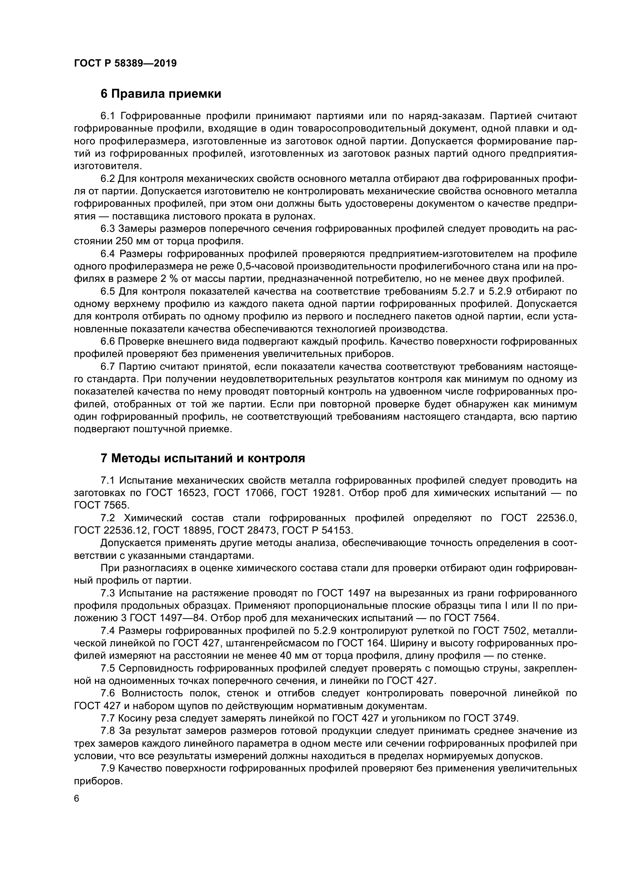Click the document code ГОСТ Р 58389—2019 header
coord(125,63)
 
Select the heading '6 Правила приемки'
coord(161,94)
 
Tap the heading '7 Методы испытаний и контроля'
coord(203,458)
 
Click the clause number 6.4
coord(108,254)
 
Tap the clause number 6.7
coord(108,367)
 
